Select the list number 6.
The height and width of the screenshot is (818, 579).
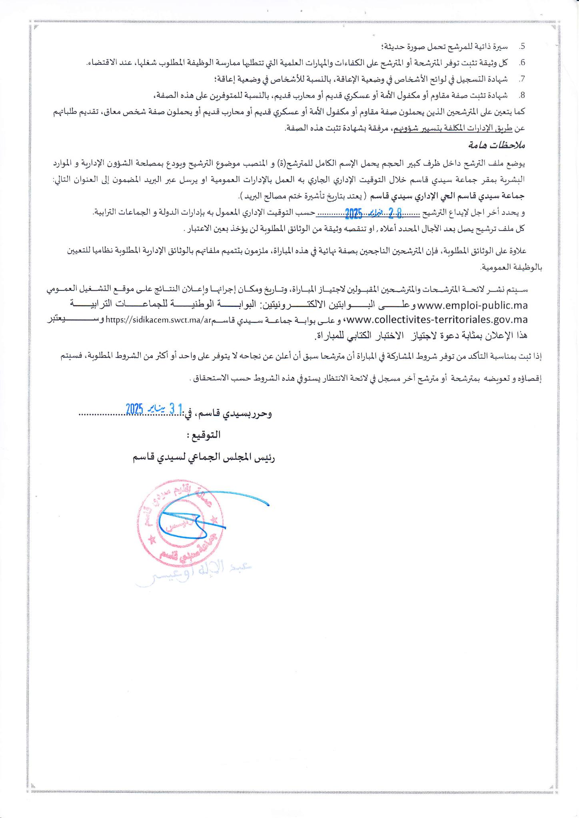(x=521, y=63)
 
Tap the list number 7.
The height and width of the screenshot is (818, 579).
(x=521, y=79)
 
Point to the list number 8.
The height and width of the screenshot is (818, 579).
(x=521, y=95)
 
